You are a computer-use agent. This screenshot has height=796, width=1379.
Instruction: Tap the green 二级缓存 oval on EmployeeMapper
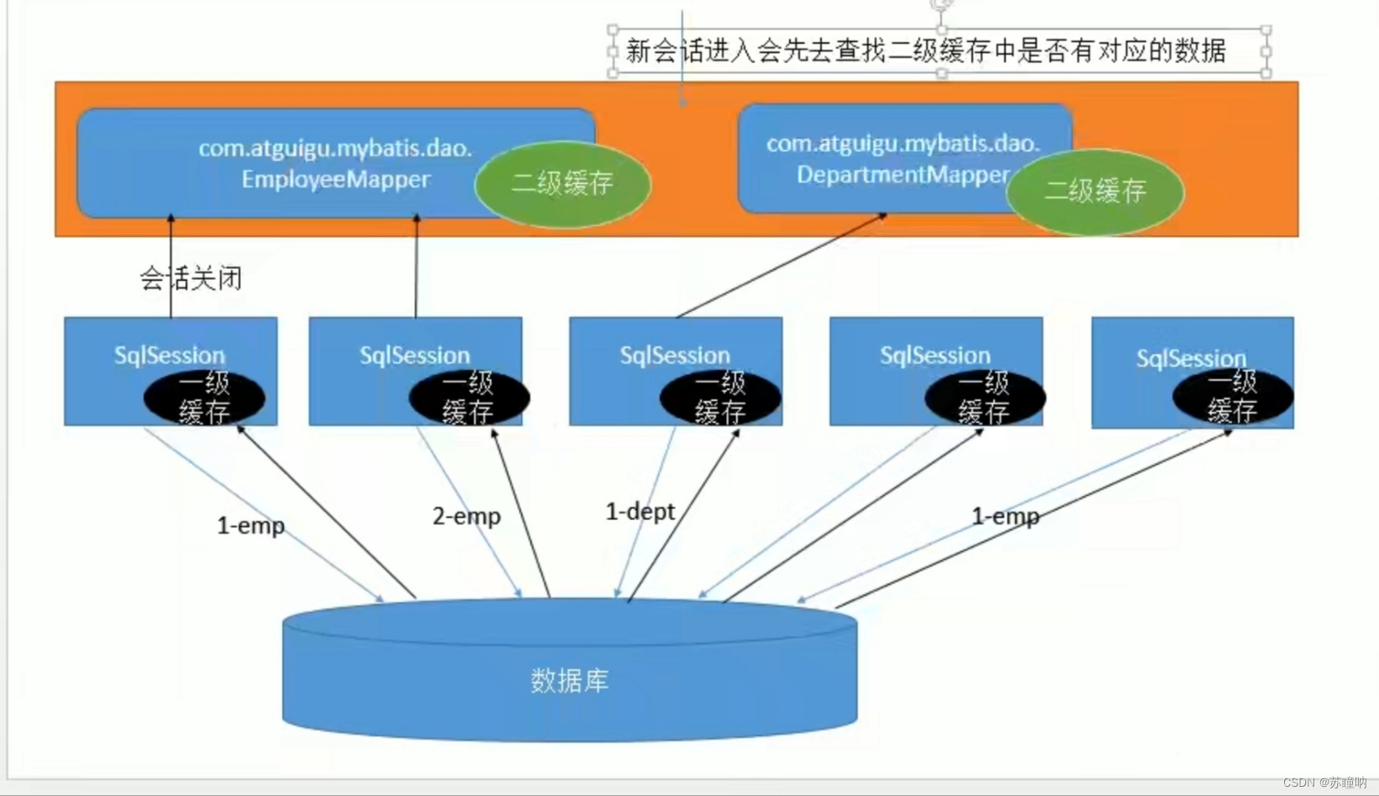(x=562, y=183)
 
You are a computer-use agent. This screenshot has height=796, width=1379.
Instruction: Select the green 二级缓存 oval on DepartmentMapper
(x=1094, y=192)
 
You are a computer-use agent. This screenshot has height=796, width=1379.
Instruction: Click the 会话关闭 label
(x=191, y=278)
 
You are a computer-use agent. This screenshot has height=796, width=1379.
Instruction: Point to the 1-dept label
(x=639, y=511)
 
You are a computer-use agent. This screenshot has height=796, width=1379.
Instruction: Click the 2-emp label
(x=466, y=516)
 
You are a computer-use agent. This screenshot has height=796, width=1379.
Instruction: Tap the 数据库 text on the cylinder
(x=570, y=680)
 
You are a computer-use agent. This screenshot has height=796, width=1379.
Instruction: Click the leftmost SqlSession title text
(x=170, y=355)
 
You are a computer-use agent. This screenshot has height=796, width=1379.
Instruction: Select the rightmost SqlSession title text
(x=1191, y=359)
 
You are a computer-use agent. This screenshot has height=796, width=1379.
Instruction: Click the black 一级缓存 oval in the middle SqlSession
(x=719, y=398)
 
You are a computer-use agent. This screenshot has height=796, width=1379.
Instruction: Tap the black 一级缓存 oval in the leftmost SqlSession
(x=204, y=398)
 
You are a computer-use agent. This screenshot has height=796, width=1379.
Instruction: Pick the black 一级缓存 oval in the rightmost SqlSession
(x=1232, y=397)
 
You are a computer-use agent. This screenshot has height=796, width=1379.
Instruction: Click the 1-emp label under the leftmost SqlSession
(x=250, y=526)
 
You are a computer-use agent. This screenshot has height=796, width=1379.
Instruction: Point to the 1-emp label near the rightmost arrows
(x=1005, y=516)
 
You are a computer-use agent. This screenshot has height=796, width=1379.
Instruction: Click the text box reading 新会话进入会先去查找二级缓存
(x=925, y=51)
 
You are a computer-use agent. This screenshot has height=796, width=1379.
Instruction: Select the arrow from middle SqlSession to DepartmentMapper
(x=782, y=265)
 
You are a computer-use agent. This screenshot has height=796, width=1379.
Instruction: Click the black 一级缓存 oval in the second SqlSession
(x=468, y=398)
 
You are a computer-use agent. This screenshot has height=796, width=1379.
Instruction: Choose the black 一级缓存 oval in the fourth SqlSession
(x=984, y=398)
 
